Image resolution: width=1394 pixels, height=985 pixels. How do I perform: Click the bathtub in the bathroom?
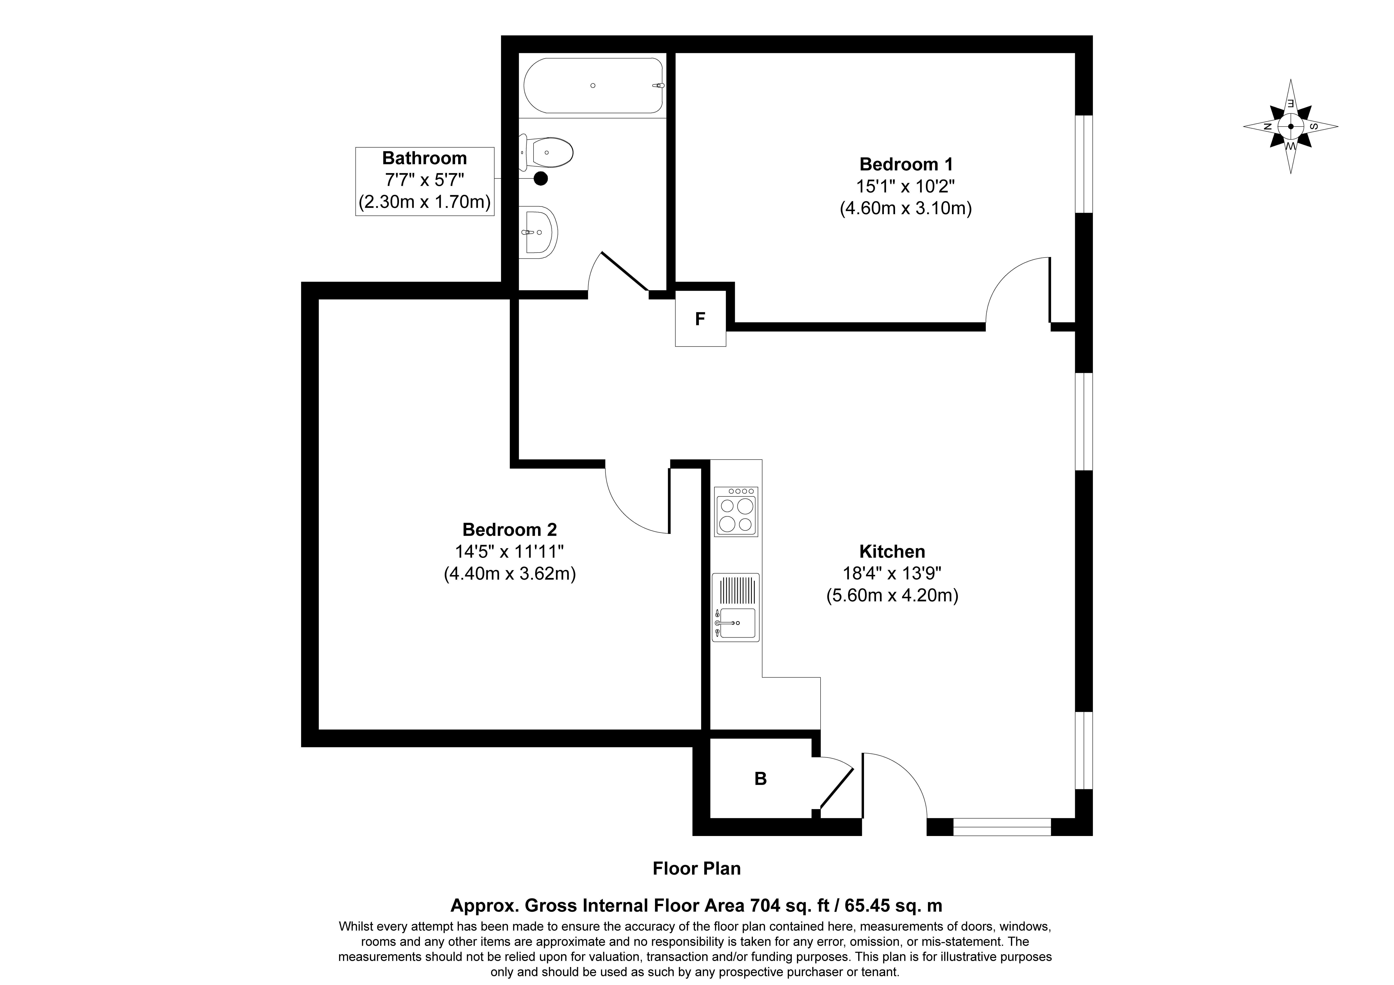[593, 86]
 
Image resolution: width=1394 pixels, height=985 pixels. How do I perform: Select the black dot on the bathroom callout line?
[540, 179]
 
